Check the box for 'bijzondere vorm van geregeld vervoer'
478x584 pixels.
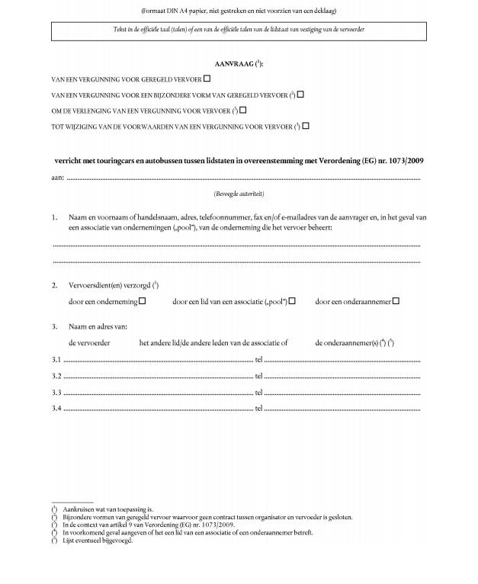pyautogui.click(x=300, y=95)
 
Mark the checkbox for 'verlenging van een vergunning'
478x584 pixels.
pyautogui.click(x=242, y=111)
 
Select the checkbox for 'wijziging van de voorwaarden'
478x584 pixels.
pyautogui.click(x=306, y=126)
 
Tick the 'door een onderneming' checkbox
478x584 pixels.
pyautogui.click(x=142, y=301)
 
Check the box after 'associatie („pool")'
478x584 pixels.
pyautogui.click(x=292, y=301)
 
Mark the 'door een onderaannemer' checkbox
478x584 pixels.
pyautogui.click(x=396, y=301)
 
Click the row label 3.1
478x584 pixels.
pyautogui.click(x=56, y=359)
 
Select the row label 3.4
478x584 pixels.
pyautogui.click(x=56, y=409)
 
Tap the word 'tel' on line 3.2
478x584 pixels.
pyautogui.click(x=258, y=376)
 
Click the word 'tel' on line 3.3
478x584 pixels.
pyautogui.click(x=258, y=392)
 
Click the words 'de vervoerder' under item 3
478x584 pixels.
pyautogui.click(x=89, y=343)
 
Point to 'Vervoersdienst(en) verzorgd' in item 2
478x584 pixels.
pyautogui.click(x=108, y=285)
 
